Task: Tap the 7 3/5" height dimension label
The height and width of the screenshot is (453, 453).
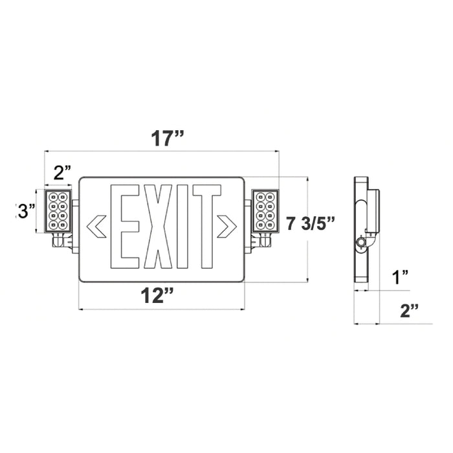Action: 311,224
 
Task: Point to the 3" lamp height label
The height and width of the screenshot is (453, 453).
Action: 27,211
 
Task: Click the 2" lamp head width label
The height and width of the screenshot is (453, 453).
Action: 61,173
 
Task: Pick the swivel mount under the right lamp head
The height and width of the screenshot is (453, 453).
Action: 262,242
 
